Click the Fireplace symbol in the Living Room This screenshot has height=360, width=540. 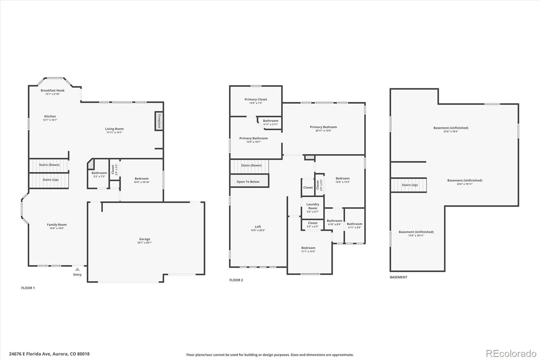[x=159, y=121]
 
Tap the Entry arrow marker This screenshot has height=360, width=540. [x=77, y=269]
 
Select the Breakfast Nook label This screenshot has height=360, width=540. [x=53, y=91]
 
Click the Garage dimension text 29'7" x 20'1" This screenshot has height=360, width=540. [x=144, y=243]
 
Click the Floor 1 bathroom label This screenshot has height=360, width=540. [x=99, y=173]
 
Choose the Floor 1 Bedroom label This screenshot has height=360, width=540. [x=141, y=179]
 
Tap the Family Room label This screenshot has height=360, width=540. [x=57, y=225]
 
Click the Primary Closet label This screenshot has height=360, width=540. [x=255, y=99]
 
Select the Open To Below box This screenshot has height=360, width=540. [x=249, y=181]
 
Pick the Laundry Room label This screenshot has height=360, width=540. [x=313, y=206]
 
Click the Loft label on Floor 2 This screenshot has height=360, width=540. [x=258, y=227]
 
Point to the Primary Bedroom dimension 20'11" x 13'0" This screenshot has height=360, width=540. [x=323, y=131]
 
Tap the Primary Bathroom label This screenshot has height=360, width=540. [x=253, y=138]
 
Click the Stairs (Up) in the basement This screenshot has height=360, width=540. [x=409, y=185]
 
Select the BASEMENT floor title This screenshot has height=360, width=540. [x=399, y=277]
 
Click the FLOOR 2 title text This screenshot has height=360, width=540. [x=236, y=280]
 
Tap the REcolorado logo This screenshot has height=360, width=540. [x=511, y=354]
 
